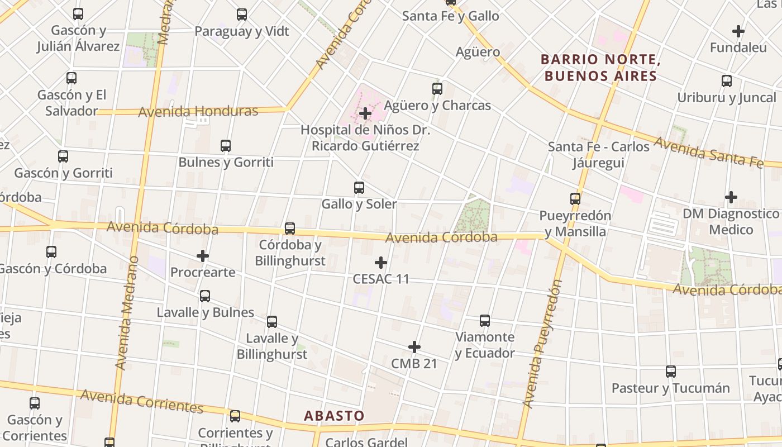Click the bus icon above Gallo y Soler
click(x=359, y=188)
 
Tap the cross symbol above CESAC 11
click(x=381, y=263)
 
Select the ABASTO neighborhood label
click(x=334, y=416)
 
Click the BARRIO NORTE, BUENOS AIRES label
click(x=600, y=68)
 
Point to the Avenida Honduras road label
click(x=198, y=111)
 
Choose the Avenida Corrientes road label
click(x=141, y=401)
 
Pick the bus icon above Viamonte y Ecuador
click(x=485, y=321)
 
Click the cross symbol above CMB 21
click(x=414, y=347)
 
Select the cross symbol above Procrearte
click(x=203, y=256)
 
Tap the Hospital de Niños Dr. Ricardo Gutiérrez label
click(x=365, y=138)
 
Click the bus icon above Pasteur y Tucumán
click(x=671, y=372)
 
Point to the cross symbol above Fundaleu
click(x=738, y=31)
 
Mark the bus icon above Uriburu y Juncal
click(x=727, y=81)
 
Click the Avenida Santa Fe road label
click(x=708, y=151)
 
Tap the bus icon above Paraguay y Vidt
click(x=242, y=15)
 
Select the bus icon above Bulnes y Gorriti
click(x=226, y=146)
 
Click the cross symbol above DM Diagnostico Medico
click(x=731, y=197)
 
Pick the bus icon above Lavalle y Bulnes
click(x=205, y=296)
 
